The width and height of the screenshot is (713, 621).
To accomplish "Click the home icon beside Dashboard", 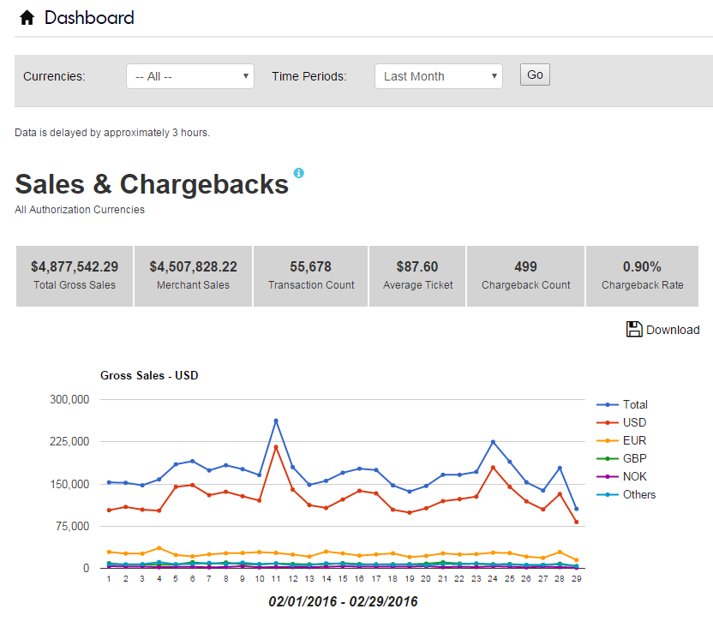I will tap(27, 17).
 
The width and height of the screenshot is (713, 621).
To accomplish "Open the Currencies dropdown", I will tap(189, 76).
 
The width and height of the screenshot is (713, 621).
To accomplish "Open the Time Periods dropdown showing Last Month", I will tap(438, 76).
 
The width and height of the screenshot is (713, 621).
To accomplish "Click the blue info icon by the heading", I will tap(298, 173).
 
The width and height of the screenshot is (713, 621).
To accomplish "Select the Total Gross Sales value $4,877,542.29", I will tap(75, 266).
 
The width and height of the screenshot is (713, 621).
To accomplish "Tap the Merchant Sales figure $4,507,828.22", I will tap(193, 266).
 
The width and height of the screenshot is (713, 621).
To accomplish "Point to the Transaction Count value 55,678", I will tap(311, 266).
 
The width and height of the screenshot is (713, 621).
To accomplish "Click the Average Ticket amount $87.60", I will tap(417, 266).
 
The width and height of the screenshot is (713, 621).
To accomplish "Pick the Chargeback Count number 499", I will tap(526, 266).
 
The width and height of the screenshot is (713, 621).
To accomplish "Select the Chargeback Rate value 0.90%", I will tap(642, 266).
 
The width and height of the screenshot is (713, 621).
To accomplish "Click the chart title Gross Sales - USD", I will tap(149, 375).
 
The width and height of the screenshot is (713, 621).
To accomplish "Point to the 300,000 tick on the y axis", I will tap(71, 399).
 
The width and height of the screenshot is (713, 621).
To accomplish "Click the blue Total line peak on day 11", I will tap(276, 421).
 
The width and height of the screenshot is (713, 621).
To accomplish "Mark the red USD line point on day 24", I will tap(493, 467).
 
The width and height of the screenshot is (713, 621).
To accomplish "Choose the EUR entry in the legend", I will tap(634, 440).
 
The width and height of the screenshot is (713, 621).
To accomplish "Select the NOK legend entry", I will tap(635, 476).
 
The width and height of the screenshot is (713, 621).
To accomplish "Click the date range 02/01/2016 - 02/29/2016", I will tap(343, 601).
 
